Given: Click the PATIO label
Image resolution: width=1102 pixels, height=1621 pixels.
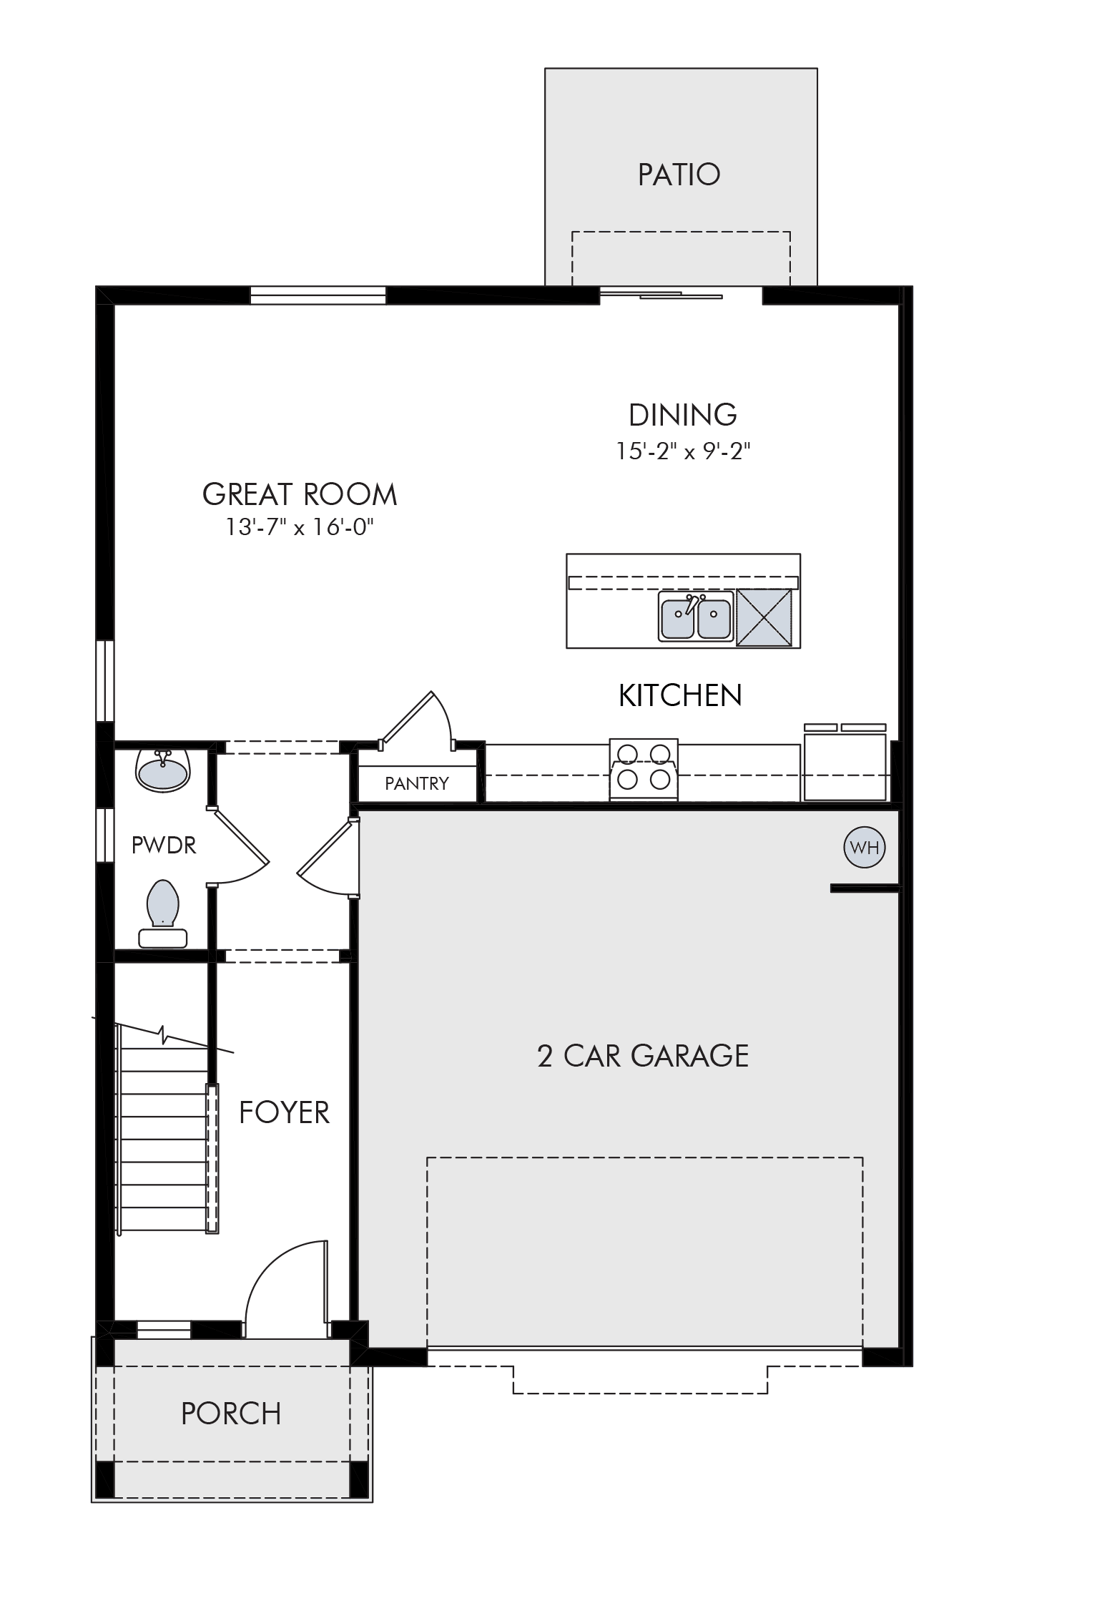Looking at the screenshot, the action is pos(679,175).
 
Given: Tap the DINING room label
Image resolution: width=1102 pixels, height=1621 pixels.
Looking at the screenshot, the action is pos(683,415).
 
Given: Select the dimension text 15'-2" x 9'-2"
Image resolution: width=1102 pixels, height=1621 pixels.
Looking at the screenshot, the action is pos(683,451).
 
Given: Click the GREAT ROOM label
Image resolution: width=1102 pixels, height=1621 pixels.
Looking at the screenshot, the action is pos(300,494).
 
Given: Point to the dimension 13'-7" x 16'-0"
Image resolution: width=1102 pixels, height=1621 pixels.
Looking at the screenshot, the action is pos(300,528).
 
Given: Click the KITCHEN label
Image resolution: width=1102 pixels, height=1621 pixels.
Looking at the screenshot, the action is pos(680,695).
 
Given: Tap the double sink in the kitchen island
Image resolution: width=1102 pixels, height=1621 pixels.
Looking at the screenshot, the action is pos(696,616).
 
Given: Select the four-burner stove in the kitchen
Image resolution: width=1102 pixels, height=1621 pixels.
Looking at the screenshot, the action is pos(644,769).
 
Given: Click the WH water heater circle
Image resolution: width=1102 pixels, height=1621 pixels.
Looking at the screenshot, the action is pos(865,848).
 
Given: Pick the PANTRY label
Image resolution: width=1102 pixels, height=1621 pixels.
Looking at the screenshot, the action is pos(417,783).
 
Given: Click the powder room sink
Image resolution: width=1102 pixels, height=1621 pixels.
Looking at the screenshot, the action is pos(162,769).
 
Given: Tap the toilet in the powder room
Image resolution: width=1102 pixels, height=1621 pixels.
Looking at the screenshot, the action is pos(163,914).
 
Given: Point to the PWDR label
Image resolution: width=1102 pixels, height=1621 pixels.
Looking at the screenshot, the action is pos(164,845).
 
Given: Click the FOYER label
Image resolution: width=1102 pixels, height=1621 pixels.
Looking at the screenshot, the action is pos(285,1112).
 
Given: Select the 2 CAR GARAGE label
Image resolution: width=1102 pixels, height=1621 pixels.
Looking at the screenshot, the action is pos(643,1056).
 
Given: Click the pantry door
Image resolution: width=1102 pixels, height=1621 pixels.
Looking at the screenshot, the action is pos(406,718).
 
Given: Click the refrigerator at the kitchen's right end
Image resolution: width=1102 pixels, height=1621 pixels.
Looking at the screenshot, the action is pos(845,763).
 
